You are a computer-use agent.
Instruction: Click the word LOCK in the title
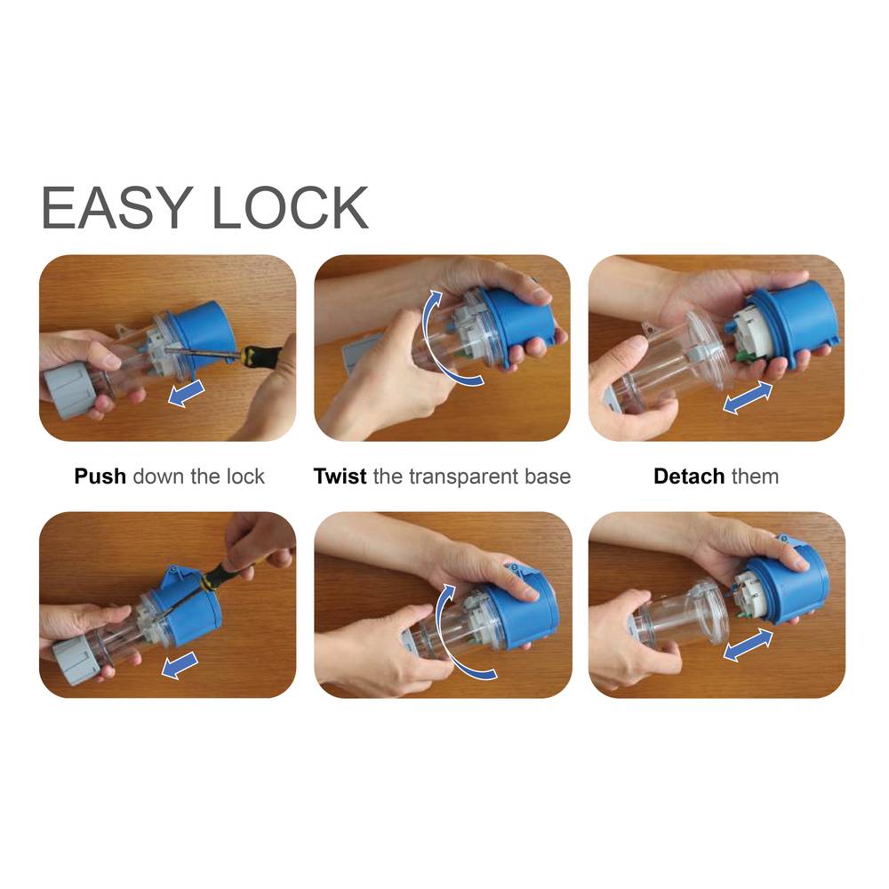click(290, 207)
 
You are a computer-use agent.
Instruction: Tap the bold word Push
click(100, 477)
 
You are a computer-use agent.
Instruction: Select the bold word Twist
click(340, 477)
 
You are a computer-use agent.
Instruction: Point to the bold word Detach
click(689, 477)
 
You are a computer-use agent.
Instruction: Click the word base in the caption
click(547, 477)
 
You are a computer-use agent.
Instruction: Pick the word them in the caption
click(755, 477)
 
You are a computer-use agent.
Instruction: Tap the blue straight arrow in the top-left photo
click(186, 393)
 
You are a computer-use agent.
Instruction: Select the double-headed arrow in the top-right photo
click(748, 397)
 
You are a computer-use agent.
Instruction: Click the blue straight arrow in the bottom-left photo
click(180, 664)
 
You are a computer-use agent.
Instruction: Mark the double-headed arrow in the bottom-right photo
click(748, 645)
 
